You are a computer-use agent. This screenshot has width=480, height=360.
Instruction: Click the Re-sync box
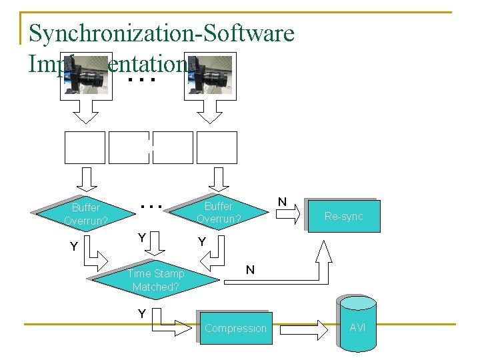click(343, 216)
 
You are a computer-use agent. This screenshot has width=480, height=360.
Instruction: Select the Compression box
click(235, 328)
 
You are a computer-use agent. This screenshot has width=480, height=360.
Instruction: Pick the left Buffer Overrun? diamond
click(86, 213)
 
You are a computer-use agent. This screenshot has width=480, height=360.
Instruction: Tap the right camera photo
click(210, 75)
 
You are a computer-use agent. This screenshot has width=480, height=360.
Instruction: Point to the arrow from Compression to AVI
click(304, 329)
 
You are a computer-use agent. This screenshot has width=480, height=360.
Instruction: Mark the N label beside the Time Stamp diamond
click(250, 270)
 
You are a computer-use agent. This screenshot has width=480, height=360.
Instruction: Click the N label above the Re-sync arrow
click(282, 201)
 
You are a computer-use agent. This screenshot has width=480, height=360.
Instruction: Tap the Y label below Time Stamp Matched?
click(141, 313)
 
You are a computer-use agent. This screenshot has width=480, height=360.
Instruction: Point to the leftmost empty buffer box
click(85, 147)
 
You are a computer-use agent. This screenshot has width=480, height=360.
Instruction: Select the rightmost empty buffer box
click(217, 147)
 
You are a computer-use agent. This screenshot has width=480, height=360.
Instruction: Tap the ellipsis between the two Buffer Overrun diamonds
click(153, 207)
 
